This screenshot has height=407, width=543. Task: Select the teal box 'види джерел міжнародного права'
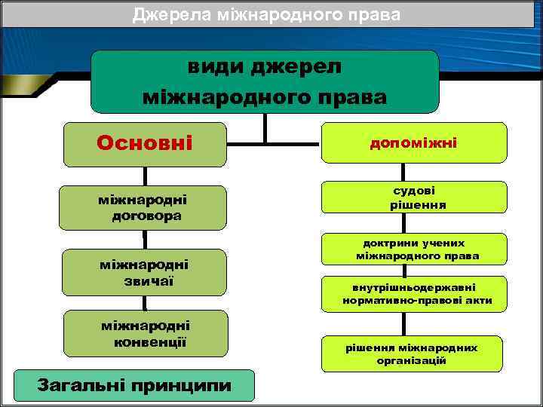pyautogui.click(x=265, y=81)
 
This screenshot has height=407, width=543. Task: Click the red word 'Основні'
pyautogui.click(x=144, y=143)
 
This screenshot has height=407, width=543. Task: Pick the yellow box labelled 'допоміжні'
pyautogui.click(x=413, y=142)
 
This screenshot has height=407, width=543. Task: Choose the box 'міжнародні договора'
pyautogui.click(x=144, y=207)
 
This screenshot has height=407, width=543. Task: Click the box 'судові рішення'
pyautogui.click(x=413, y=197)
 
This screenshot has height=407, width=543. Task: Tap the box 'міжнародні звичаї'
pyautogui.click(x=144, y=272)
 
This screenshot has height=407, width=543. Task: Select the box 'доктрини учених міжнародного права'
pyautogui.click(x=413, y=250)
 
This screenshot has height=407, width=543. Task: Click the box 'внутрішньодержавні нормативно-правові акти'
pyautogui.click(x=413, y=294)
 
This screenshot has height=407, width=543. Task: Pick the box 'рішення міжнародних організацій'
pyautogui.click(x=413, y=353)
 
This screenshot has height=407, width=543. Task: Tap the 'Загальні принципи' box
pyautogui.click(x=135, y=386)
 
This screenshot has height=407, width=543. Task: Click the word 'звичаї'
pyautogui.click(x=144, y=280)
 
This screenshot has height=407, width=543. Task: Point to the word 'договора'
pyautogui.click(x=146, y=216)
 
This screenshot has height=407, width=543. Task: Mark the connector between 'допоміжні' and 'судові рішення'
pyautogui.click(x=404, y=172)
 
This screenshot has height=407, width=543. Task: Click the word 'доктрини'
pyautogui.click(x=386, y=243)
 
